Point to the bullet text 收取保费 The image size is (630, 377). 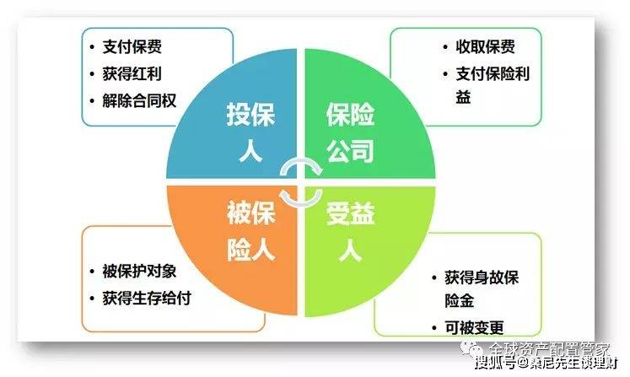(x=485, y=47)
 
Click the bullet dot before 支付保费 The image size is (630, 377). (x=94, y=47)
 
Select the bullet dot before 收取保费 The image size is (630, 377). (x=447, y=47)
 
